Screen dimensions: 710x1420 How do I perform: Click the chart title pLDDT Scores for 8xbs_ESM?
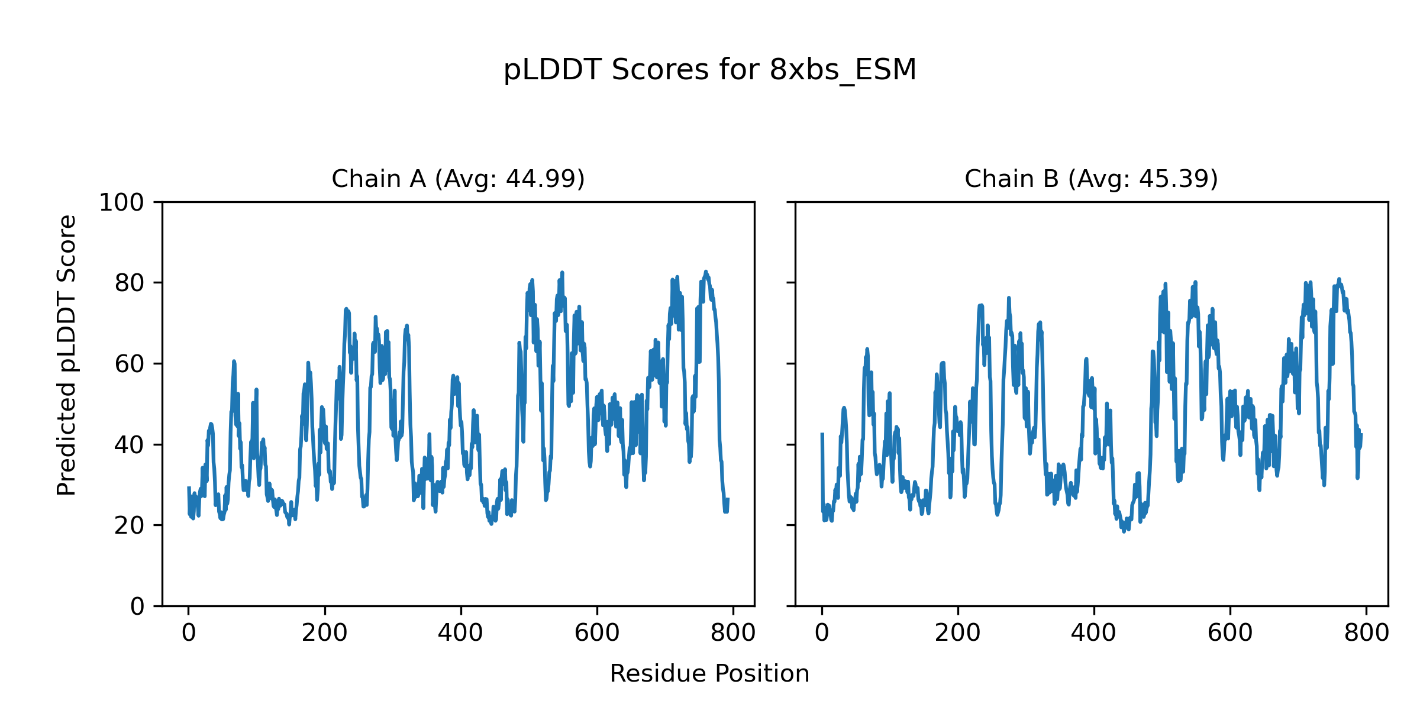tap(709, 70)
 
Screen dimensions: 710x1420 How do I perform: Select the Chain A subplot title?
tap(458, 179)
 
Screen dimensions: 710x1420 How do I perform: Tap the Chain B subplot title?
tap(1091, 179)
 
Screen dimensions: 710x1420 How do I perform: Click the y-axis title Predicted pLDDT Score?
tap(67, 355)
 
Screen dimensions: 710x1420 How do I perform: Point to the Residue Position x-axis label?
tap(709, 674)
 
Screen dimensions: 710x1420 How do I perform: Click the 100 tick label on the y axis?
tap(121, 203)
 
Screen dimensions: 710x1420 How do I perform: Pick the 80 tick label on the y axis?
tap(130, 283)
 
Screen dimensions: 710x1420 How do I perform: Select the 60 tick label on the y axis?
tap(130, 364)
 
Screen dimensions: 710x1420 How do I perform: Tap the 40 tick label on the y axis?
tap(130, 445)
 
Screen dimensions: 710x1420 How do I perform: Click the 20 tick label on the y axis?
tap(130, 525)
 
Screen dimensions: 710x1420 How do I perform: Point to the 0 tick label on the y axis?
tap(137, 606)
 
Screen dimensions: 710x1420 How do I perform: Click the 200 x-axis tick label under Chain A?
tap(324, 633)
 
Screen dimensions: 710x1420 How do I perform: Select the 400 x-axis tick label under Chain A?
tap(460, 633)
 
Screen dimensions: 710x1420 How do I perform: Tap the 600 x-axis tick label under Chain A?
tap(597, 633)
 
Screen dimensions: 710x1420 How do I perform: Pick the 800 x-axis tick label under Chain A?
tap(733, 633)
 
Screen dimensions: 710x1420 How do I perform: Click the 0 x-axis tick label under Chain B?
tap(822, 633)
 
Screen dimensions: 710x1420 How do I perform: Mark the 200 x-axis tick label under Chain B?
tap(957, 633)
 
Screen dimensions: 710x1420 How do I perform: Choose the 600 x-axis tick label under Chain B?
tap(1230, 633)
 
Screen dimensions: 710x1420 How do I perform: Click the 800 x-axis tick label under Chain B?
tap(1366, 633)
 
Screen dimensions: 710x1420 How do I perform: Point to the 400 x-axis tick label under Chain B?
tap(1093, 633)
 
